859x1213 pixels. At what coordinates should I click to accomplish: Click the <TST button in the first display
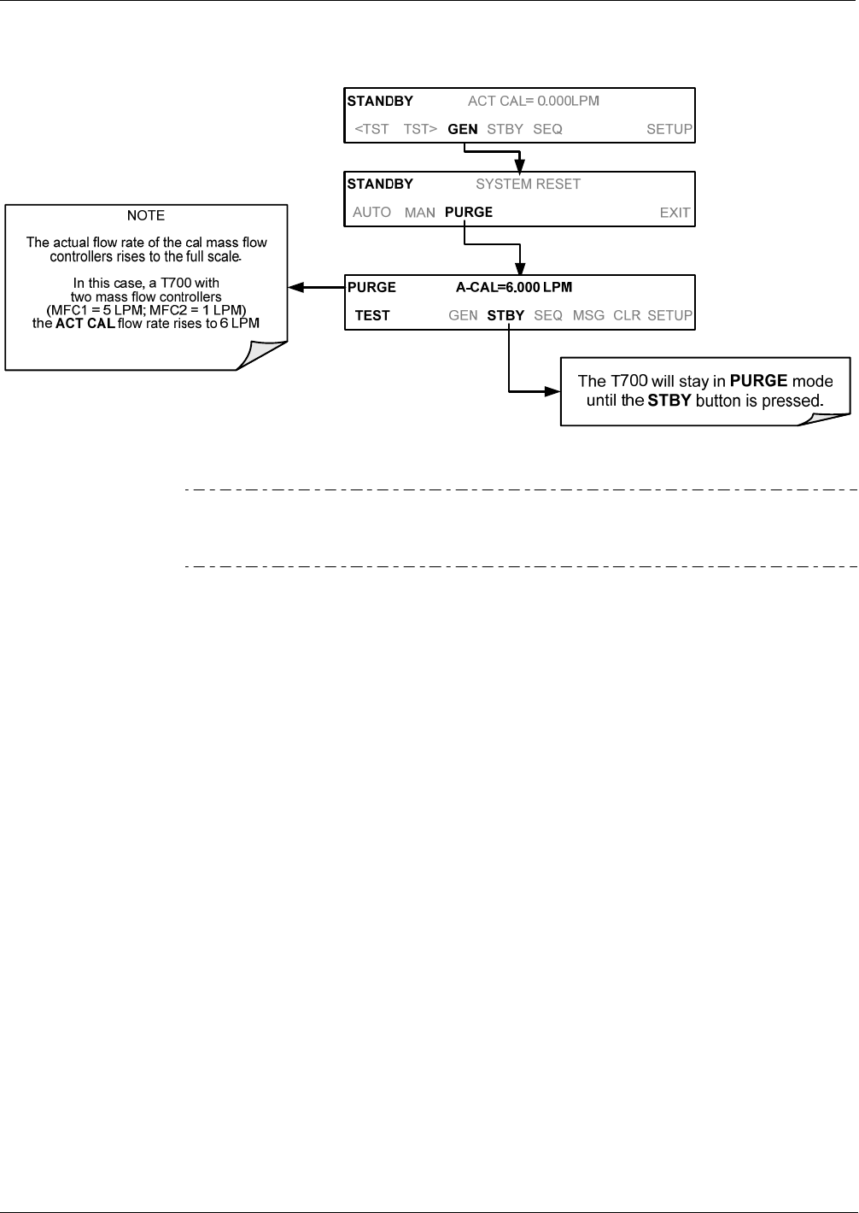(x=371, y=129)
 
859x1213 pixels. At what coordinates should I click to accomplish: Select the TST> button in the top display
(x=420, y=129)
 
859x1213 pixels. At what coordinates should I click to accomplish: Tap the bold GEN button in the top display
(x=463, y=129)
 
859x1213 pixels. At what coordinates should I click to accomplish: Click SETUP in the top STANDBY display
(x=669, y=129)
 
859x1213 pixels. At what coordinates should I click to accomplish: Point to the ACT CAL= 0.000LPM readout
(x=534, y=101)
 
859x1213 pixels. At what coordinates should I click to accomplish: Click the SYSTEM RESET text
(x=528, y=184)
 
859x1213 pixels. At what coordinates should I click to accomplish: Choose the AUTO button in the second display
(x=371, y=212)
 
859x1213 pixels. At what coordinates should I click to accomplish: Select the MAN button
(x=419, y=212)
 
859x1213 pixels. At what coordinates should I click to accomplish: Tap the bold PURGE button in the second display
(x=469, y=212)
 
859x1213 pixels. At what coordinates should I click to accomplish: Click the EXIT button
(x=675, y=213)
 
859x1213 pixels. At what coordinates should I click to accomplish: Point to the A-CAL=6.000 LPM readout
(x=514, y=287)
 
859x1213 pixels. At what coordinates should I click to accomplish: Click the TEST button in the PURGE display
(x=372, y=315)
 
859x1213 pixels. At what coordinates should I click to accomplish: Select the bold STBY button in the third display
(x=505, y=315)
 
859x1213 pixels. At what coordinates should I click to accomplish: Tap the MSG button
(x=588, y=315)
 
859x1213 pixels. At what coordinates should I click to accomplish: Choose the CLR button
(x=627, y=315)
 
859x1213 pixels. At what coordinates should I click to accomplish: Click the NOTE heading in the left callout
(x=145, y=215)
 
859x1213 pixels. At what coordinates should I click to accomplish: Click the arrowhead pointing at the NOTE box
(x=295, y=287)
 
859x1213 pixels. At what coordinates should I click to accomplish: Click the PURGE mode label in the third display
(x=371, y=287)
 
